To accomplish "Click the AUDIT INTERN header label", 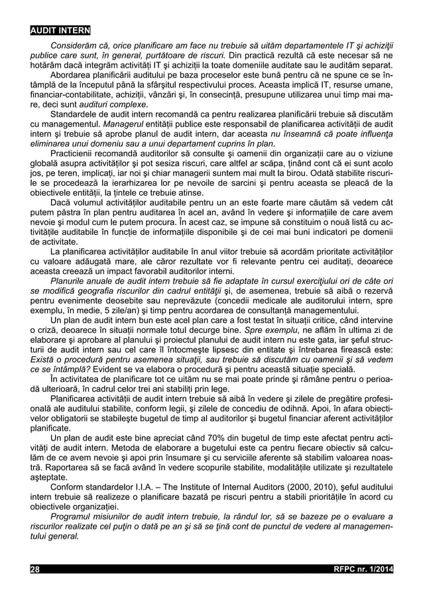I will click(61, 31).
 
